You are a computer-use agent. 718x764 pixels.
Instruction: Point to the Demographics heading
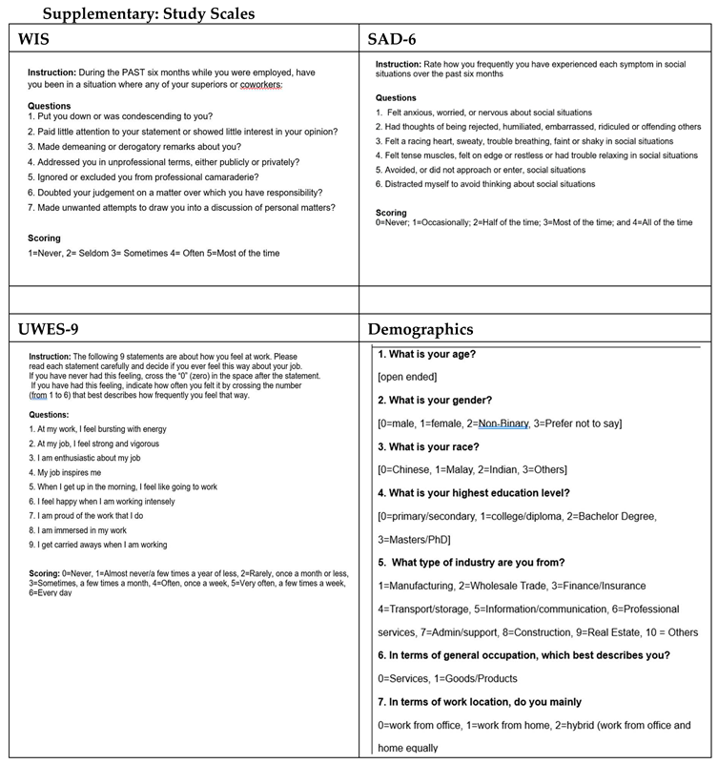(x=421, y=330)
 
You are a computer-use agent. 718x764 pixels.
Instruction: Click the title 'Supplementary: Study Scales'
(x=147, y=14)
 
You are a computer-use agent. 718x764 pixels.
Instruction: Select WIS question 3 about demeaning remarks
(x=133, y=146)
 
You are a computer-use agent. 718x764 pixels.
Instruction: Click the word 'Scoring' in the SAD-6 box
(x=391, y=213)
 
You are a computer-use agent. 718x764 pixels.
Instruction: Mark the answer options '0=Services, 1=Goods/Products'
(x=447, y=678)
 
